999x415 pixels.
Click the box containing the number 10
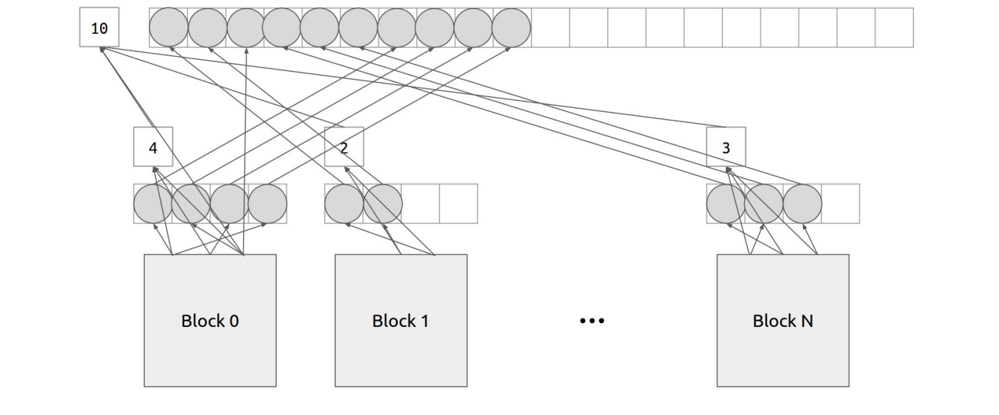coord(99,28)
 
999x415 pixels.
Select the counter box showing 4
coord(153,147)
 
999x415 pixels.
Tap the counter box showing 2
coord(344,147)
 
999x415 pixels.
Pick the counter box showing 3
coord(726,147)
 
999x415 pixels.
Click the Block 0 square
coord(210,320)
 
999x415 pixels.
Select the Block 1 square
coord(401,320)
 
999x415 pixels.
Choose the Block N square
coord(783,320)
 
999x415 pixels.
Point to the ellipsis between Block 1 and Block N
coord(592,321)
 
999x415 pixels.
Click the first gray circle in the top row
coord(169,28)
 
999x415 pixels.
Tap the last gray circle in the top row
coord(512,28)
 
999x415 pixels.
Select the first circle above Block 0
coord(153,203)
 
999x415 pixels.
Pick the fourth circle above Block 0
coord(267,203)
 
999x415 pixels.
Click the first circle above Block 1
coord(344,203)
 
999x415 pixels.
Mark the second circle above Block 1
coord(383,203)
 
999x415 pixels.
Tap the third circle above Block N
coord(802,203)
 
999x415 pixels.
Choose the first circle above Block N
coord(726,203)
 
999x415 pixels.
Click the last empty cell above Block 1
coord(458,203)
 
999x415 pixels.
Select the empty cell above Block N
coord(841,203)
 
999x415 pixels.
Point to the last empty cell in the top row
coord(894,28)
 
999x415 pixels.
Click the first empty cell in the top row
coord(550,28)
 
